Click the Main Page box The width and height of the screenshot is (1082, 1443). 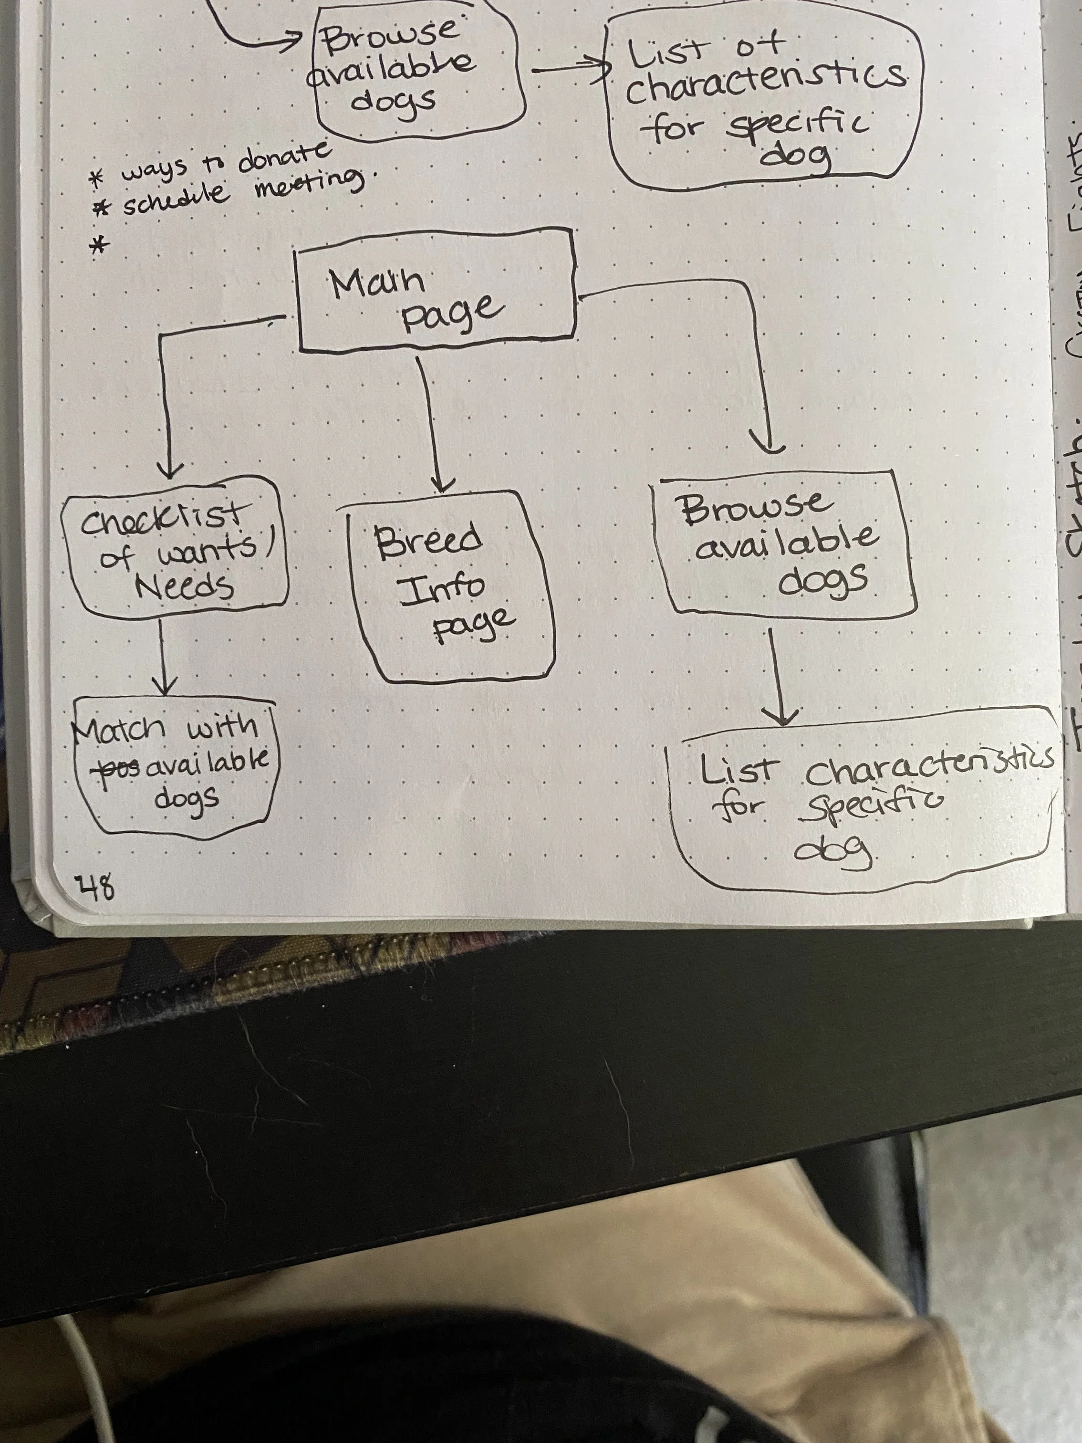436,293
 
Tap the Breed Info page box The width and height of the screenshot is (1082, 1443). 450,587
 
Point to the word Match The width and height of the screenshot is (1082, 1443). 121,727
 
